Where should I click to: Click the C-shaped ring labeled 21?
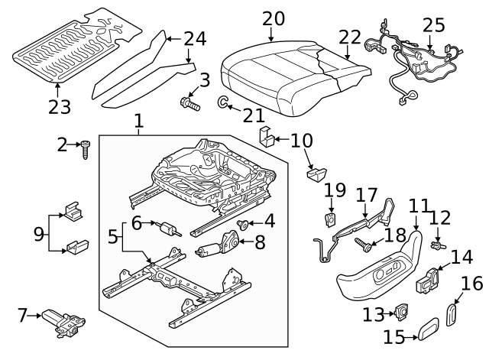(x=221, y=102)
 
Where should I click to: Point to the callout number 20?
(x=273, y=18)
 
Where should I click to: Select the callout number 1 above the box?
(x=138, y=121)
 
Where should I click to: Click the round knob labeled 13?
(x=398, y=312)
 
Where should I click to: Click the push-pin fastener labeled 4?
(x=242, y=224)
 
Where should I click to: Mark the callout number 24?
(x=195, y=37)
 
